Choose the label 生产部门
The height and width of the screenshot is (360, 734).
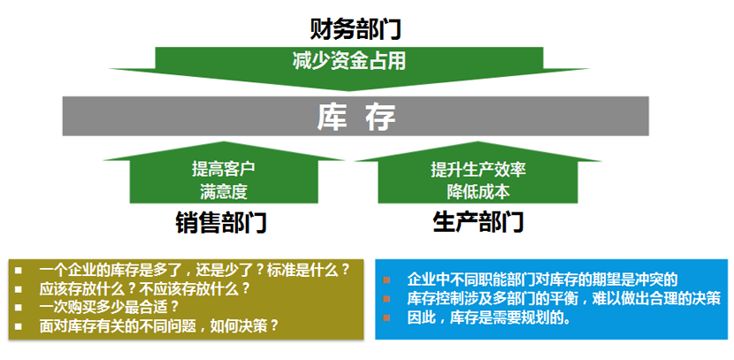[478, 222]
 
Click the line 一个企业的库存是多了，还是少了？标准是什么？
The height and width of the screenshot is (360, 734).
[195, 269]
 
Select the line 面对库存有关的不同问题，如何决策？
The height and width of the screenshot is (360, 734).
[159, 326]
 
